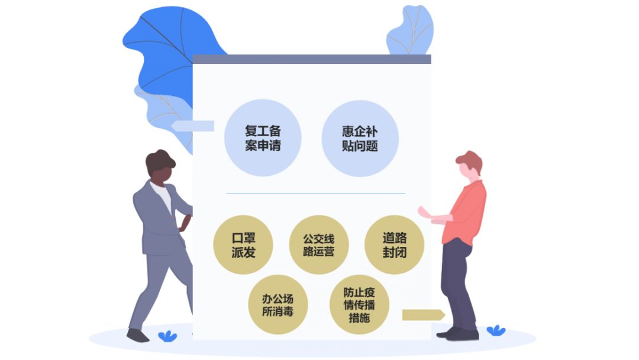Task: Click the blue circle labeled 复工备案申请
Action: (263, 138)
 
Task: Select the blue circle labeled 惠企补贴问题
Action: (360, 139)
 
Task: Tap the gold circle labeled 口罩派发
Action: (243, 245)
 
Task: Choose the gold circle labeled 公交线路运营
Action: (319, 245)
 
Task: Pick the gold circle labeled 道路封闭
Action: (394, 245)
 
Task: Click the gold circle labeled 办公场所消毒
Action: (278, 304)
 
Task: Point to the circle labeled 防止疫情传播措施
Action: (359, 304)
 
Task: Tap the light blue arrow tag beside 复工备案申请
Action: (192, 126)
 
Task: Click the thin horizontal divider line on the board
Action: (315, 194)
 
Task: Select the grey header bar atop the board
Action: (312, 59)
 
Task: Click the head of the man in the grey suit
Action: (160, 168)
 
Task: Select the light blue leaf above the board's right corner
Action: (410, 31)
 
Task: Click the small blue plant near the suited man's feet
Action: (167, 336)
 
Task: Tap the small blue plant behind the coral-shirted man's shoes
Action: (496, 330)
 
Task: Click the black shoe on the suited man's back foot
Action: (137, 336)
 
